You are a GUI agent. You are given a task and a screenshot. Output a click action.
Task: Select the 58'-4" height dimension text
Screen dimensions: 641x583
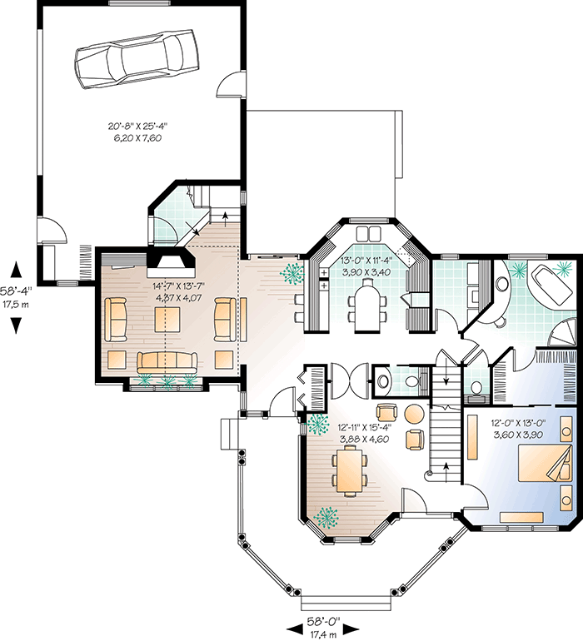tap(16, 298)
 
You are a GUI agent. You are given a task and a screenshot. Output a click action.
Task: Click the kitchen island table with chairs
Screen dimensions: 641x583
tap(366, 304)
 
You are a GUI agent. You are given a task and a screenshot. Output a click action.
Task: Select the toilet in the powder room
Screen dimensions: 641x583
tap(381, 382)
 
